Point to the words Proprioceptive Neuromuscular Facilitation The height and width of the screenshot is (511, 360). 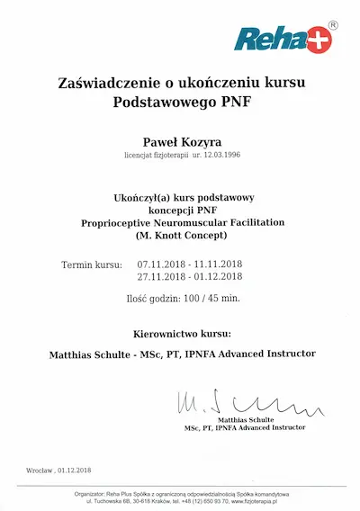click(x=180, y=222)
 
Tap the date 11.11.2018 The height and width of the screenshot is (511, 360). click(x=220, y=265)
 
